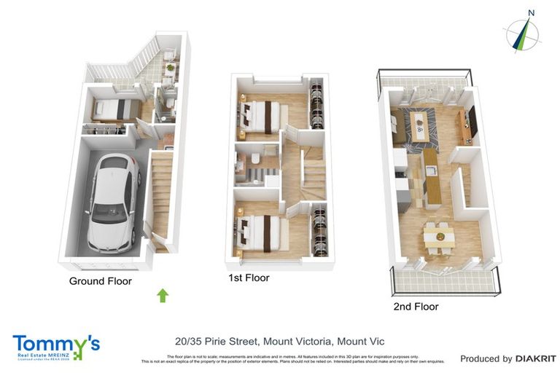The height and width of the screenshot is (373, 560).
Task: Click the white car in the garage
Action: (x=111, y=200)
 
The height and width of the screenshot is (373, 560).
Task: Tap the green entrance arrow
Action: (x=163, y=295)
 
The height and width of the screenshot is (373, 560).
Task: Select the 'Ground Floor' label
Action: (x=101, y=280)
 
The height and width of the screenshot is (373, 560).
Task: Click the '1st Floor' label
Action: (x=249, y=278)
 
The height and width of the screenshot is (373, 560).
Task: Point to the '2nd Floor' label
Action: (x=416, y=307)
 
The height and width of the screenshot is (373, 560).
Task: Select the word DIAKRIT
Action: (x=536, y=358)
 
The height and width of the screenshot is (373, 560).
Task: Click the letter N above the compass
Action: (x=532, y=12)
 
